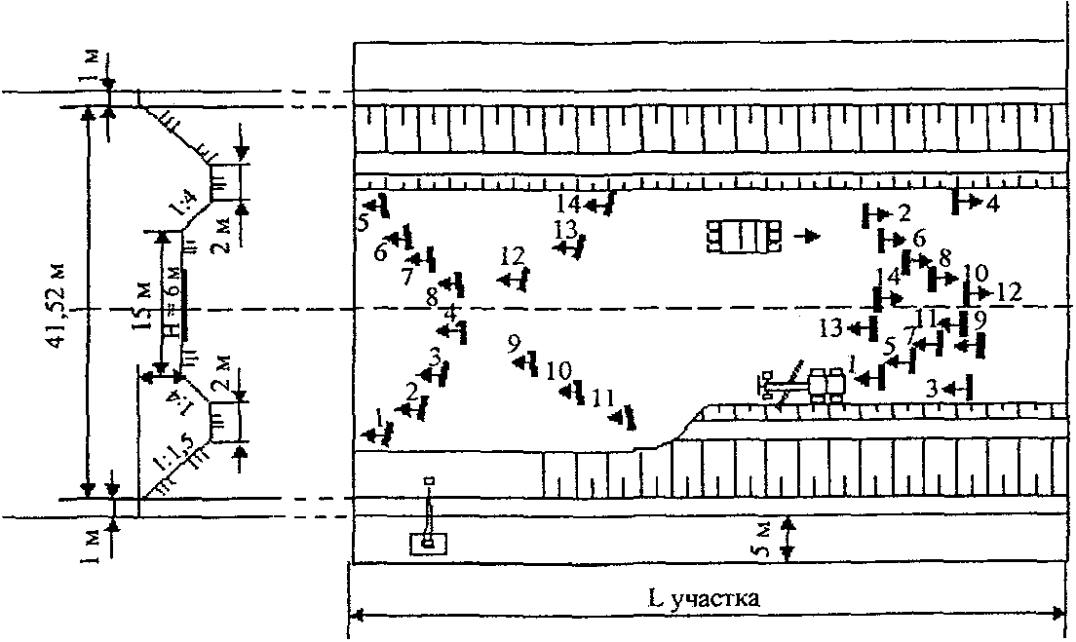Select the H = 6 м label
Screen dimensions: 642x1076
click(x=173, y=300)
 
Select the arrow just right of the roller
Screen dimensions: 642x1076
click(x=808, y=236)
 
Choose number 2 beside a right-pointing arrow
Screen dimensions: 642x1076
click(x=903, y=211)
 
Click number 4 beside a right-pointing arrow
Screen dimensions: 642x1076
click(x=991, y=204)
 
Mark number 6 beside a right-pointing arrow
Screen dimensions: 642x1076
click(x=918, y=238)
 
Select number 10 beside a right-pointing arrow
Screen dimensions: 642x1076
click(x=975, y=273)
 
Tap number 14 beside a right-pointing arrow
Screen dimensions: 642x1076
click(x=886, y=276)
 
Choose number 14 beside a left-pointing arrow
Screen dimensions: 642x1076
click(x=569, y=204)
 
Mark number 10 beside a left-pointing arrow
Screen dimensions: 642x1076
click(x=557, y=371)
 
